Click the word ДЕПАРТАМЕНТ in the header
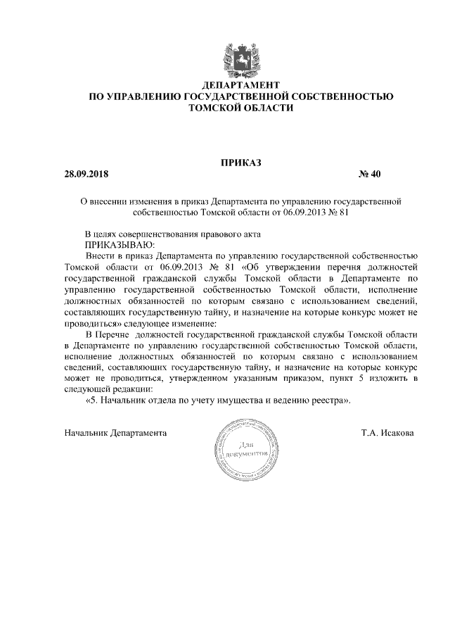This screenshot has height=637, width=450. pos(240,84)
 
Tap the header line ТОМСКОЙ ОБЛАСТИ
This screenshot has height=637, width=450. pos(240,109)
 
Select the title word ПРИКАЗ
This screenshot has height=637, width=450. pos(240,163)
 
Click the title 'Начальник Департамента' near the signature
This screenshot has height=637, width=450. pos(115,433)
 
